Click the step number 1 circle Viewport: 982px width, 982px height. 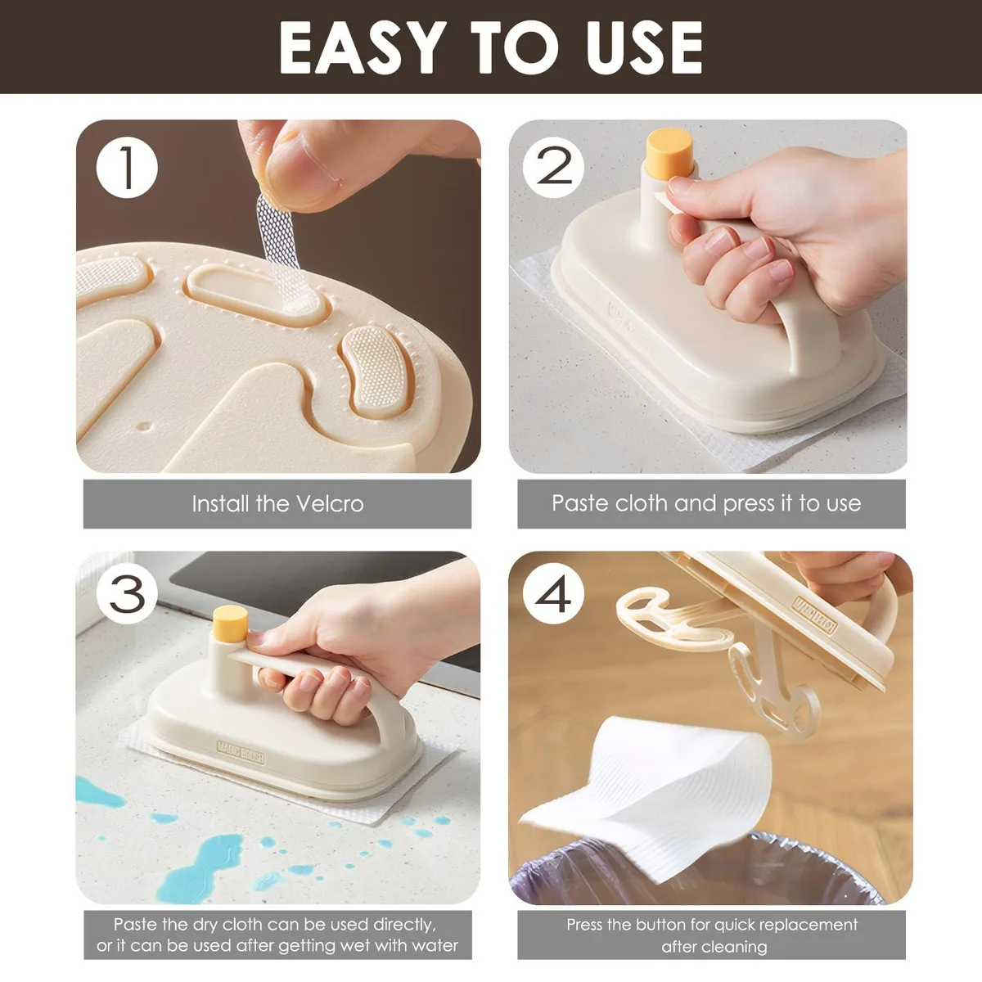(127, 167)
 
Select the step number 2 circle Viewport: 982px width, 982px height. (553, 167)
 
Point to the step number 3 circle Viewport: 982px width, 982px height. (127, 593)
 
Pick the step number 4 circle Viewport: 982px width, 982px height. (553, 593)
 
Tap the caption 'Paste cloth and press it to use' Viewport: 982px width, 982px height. (706, 503)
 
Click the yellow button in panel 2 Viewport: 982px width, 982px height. (669, 151)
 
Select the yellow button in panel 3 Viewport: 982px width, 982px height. (230, 624)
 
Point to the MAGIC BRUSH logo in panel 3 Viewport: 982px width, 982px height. (241, 753)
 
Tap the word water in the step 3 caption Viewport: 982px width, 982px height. (435, 946)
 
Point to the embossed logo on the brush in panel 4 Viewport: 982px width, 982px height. (815, 615)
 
